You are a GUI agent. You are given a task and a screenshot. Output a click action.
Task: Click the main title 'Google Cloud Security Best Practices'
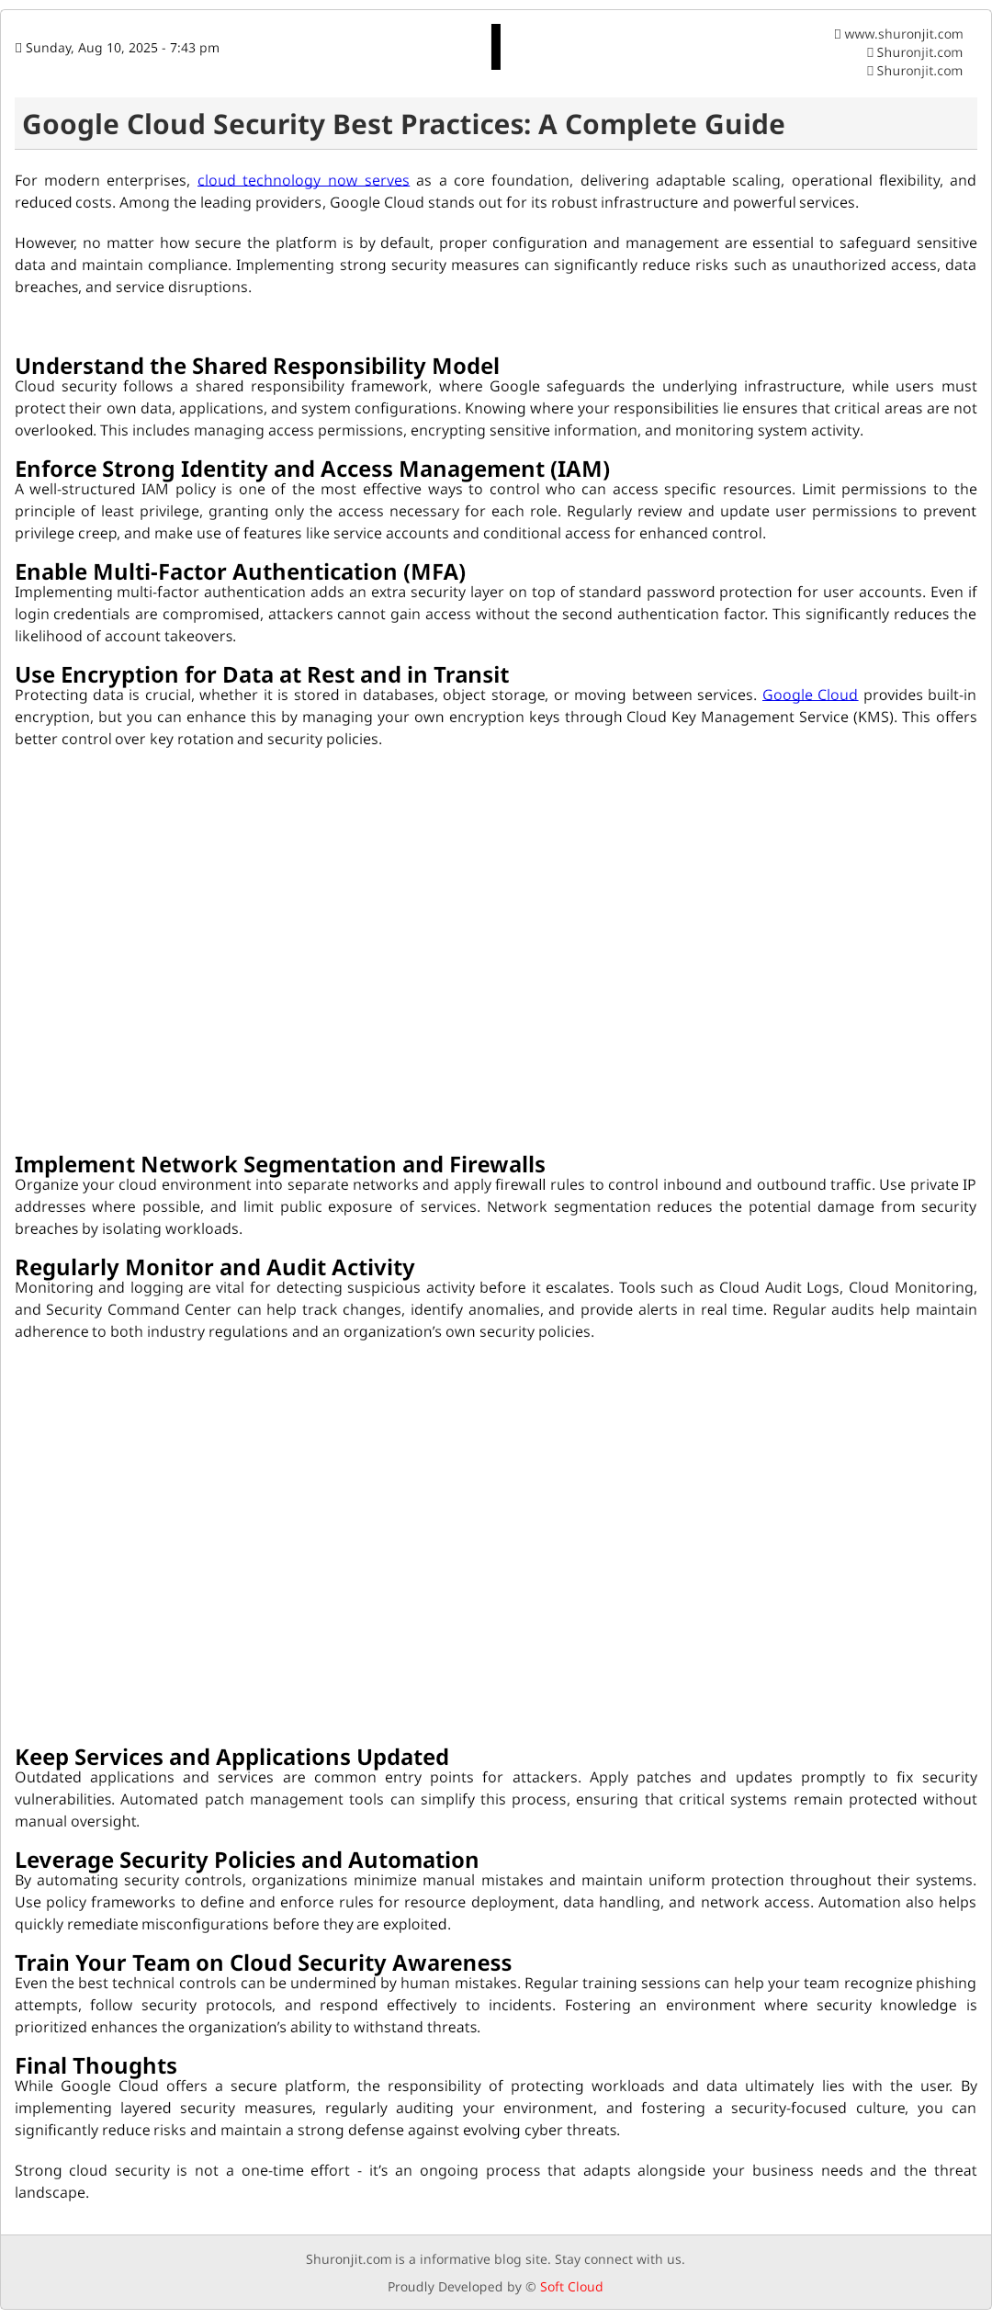(403, 125)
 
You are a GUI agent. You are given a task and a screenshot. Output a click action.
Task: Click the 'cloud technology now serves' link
(303, 181)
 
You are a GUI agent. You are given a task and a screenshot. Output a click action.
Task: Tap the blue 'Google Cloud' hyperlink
(809, 696)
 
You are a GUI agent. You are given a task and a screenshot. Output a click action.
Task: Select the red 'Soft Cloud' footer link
(571, 2287)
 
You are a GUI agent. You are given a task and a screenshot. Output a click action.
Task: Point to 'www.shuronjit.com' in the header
(903, 34)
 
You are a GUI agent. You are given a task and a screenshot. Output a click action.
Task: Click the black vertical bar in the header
(496, 47)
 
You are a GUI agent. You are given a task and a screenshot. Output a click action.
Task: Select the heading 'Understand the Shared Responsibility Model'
(257, 367)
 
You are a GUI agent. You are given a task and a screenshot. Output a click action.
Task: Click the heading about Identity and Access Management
(312, 469)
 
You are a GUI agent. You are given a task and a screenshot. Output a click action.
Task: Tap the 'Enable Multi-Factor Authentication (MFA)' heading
(241, 572)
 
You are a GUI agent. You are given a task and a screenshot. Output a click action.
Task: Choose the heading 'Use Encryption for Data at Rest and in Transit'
(262, 675)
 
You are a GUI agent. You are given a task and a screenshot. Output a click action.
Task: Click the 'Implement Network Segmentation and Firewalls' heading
(280, 1165)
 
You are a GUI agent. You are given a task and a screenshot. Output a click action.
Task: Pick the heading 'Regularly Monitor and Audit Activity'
(215, 1268)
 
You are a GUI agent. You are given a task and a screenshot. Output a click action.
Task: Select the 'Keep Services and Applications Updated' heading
(231, 1758)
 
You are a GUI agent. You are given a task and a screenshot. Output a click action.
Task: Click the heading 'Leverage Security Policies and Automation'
(246, 1861)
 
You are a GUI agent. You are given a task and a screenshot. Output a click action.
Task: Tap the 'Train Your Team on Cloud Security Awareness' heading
(263, 1963)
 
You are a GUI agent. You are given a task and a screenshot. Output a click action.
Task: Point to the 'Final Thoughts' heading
(96, 2066)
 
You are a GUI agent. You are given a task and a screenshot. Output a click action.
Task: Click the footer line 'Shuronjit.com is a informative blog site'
(495, 2259)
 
